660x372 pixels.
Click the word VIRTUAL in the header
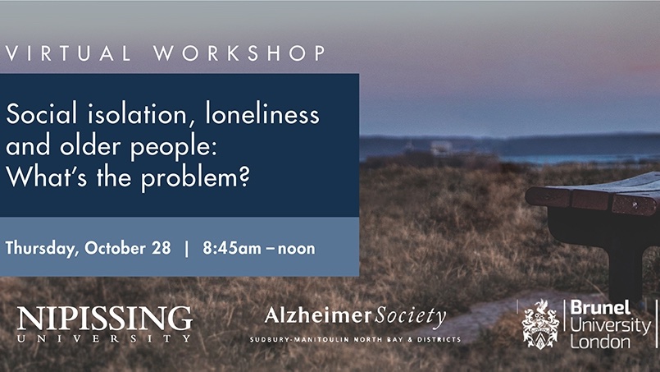(x=69, y=54)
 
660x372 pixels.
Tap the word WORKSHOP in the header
(x=239, y=54)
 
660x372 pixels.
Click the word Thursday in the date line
(x=39, y=248)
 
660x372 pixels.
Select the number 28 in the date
(x=160, y=247)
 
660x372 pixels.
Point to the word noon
(x=297, y=248)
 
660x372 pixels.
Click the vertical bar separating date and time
(x=186, y=247)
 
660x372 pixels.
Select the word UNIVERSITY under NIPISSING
(x=104, y=338)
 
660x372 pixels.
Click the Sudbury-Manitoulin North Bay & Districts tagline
(x=354, y=338)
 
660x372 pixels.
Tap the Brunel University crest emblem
(x=540, y=324)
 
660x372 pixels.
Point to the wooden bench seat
(x=594, y=197)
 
